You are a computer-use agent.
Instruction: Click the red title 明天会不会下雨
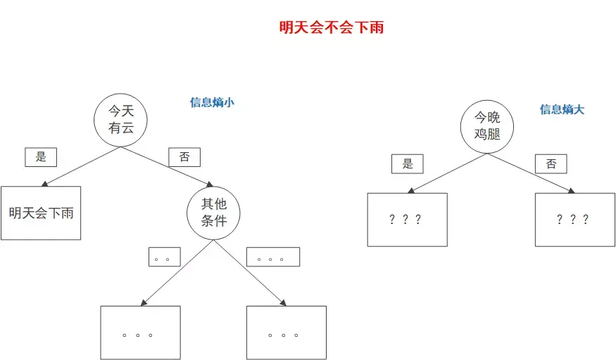[x=331, y=28]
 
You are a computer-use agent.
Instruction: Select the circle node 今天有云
[x=120, y=120]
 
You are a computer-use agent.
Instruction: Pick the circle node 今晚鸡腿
[x=486, y=125]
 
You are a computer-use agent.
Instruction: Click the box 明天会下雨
[x=41, y=213]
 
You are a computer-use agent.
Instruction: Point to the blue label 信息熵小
[x=212, y=102]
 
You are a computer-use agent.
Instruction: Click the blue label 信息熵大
[x=562, y=109]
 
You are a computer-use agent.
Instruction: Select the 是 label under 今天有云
[x=41, y=157]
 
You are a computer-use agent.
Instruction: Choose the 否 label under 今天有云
[x=184, y=157]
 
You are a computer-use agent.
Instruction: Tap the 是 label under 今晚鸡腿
[x=408, y=164]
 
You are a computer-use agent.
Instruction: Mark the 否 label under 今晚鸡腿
[x=551, y=164]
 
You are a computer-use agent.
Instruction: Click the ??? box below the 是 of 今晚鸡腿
[x=407, y=219]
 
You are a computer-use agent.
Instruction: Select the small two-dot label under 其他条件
[x=164, y=257]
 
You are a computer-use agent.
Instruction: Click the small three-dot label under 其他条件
[x=272, y=257]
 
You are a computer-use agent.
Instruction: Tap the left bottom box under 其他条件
[x=140, y=333]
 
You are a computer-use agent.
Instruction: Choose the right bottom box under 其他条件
[x=286, y=333]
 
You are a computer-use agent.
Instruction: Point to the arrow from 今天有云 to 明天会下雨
[x=81, y=166]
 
